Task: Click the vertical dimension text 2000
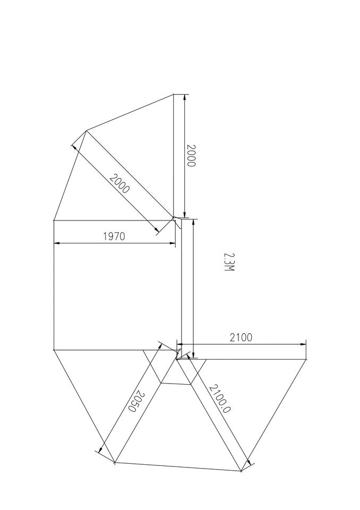pos(192,155)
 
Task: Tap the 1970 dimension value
pos(114,236)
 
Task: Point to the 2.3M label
pos(229,262)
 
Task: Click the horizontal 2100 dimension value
pos(241,337)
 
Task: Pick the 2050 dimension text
pos(136,402)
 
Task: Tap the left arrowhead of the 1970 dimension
pos(57,243)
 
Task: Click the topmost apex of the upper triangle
pos(174,95)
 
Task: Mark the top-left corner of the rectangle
pos(54,219)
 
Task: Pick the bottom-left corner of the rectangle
pos(54,350)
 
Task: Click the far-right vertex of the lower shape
pos(307,360)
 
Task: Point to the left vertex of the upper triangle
pos(86,130)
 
